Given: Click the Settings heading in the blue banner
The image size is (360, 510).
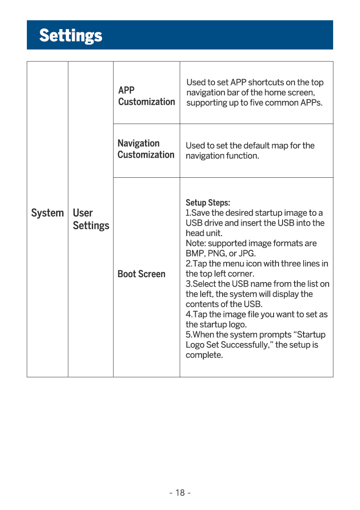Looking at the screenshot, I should point(71,35).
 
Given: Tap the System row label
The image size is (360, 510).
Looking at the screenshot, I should point(47,213).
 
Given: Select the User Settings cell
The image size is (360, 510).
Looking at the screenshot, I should point(91,219).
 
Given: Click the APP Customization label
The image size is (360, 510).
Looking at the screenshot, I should point(146,96).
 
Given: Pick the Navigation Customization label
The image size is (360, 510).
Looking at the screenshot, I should point(146,149).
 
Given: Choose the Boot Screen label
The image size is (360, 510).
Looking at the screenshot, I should point(141,274).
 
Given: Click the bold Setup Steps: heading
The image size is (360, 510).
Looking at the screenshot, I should point(208,203).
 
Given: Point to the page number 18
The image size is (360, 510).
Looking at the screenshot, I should point(180,493).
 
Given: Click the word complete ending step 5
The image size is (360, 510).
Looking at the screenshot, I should point(204,355).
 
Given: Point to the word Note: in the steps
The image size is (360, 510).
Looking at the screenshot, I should point(195,243).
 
